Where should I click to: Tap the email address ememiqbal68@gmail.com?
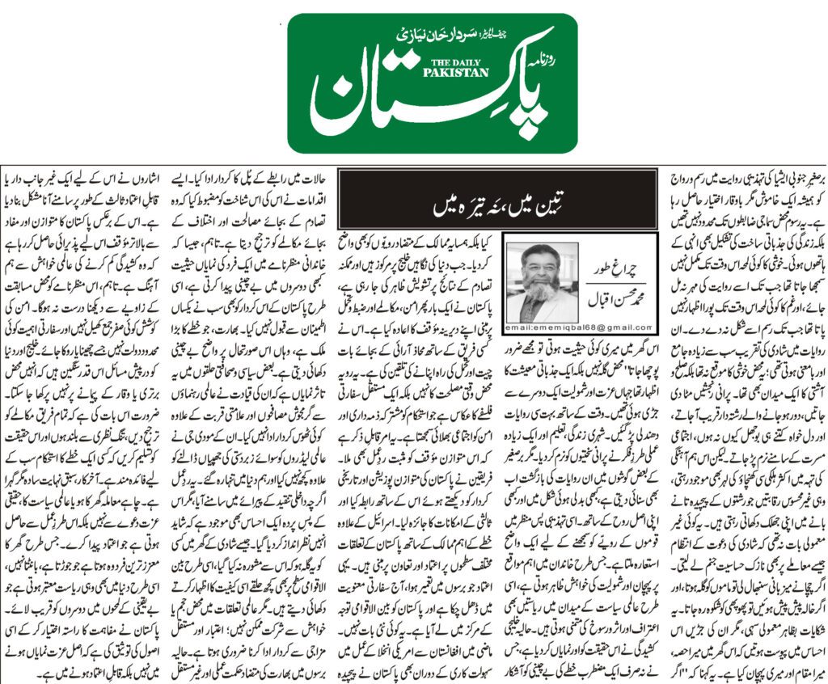(579, 327)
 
